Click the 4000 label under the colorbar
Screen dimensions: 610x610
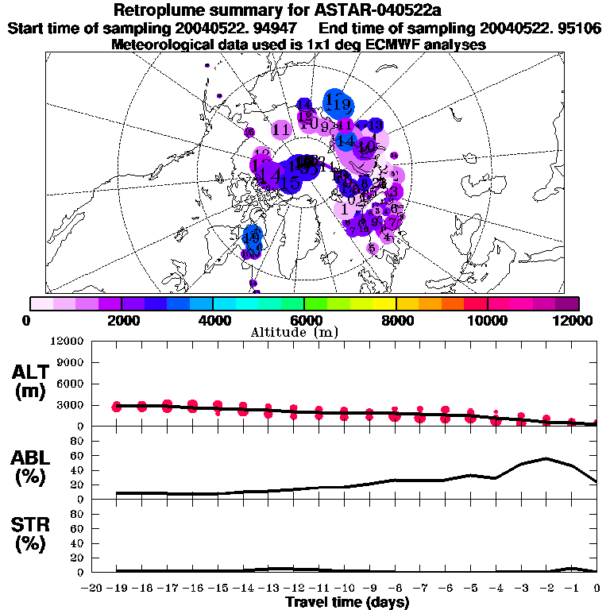213,320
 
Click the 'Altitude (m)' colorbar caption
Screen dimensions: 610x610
304,331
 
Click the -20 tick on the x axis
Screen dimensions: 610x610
92,589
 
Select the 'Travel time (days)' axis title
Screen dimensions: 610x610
347,603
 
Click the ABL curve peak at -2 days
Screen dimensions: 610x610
546,458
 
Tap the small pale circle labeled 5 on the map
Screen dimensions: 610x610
373,248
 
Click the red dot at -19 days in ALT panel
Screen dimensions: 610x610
118,407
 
